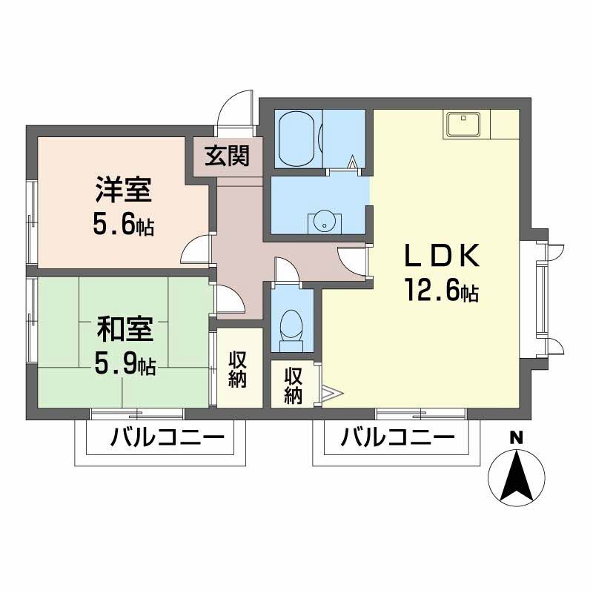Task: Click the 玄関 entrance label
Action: point(228,156)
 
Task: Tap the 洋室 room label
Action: point(124,190)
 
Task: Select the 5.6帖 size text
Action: point(124,227)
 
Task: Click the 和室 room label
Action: point(125,329)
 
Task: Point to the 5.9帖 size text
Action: point(125,365)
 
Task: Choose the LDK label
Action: point(442,256)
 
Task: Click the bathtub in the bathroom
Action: point(298,139)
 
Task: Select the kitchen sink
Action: point(463,125)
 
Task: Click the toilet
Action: point(291,330)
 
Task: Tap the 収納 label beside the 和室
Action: point(237,370)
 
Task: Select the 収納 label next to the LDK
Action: point(294,385)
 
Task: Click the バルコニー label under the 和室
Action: point(168,438)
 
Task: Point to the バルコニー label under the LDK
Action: point(397,438)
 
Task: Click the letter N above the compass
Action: point(516,438)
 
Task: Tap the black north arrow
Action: point(517,476)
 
